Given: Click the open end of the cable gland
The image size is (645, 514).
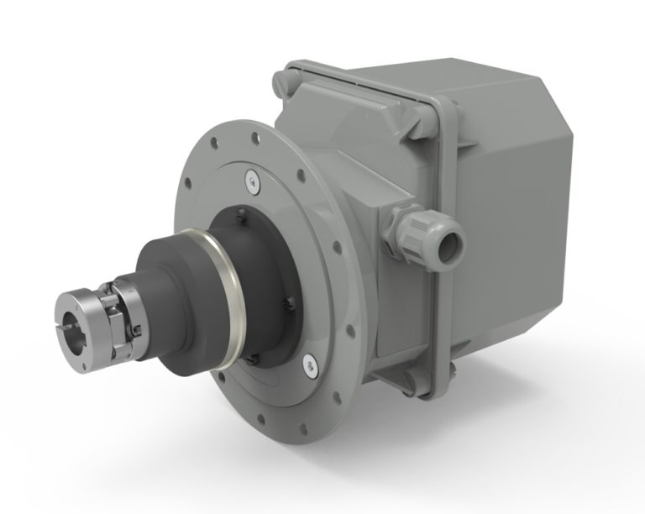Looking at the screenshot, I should (x=454, y=243).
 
